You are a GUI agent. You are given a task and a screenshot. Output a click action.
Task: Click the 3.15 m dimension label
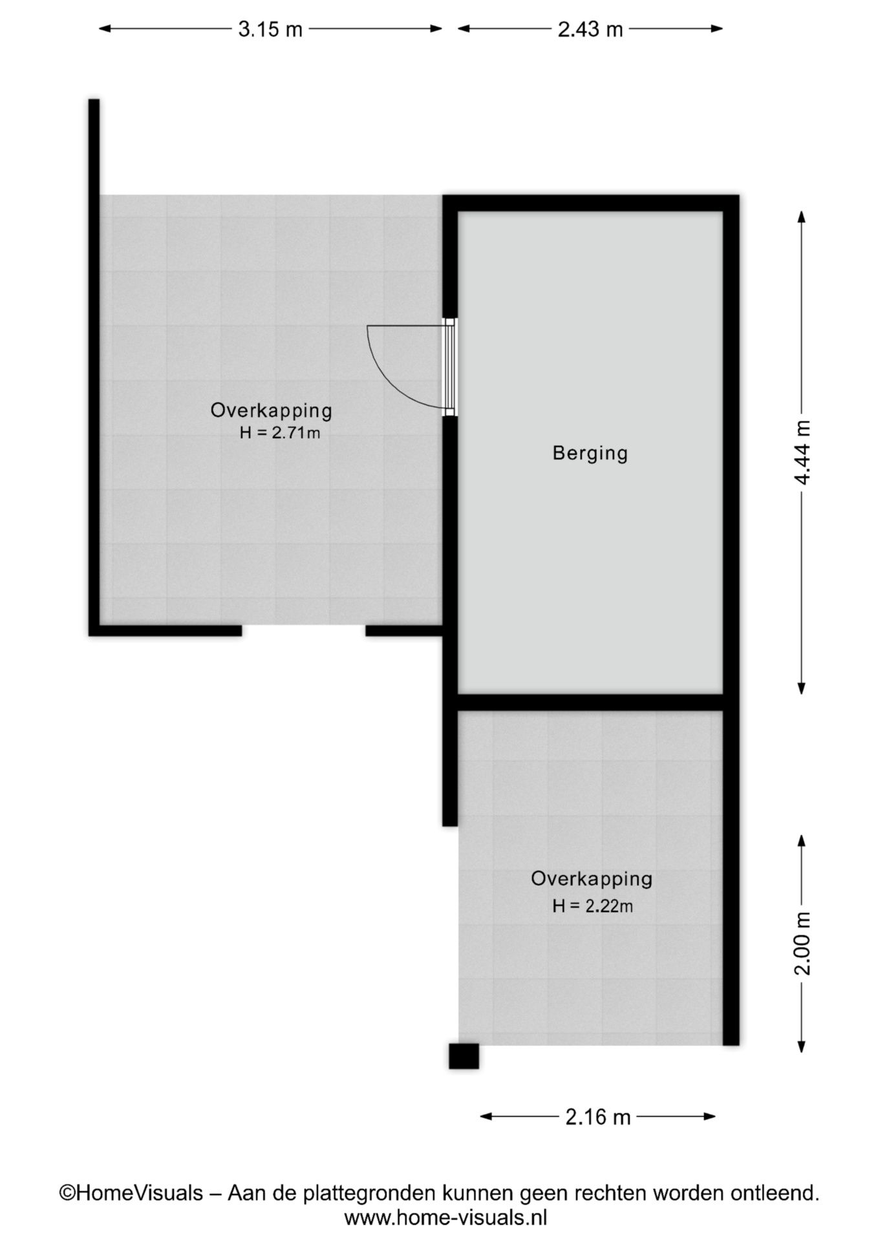pos(270,29)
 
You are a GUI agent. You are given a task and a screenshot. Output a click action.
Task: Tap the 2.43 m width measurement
pos(590,29)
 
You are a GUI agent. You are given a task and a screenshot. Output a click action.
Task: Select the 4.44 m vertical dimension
pos(802,452)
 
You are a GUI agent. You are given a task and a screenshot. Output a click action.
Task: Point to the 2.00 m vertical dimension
pos(802,943)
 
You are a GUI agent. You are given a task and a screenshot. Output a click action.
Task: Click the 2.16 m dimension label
pos(598,1116)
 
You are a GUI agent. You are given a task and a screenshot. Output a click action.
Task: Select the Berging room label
pos(590,453)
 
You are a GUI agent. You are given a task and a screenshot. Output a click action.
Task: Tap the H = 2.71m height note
pos(279,432)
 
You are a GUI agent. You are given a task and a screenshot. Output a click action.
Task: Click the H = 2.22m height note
pos(592,906)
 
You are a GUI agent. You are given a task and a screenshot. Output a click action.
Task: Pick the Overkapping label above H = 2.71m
pos(272,410)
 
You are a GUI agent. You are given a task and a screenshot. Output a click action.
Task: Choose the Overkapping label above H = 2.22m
pos(592,879)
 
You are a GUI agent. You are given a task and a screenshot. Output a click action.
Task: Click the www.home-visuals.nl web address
pos(445,1218)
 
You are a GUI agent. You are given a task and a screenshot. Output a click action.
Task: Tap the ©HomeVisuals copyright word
pos(131,1193)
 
